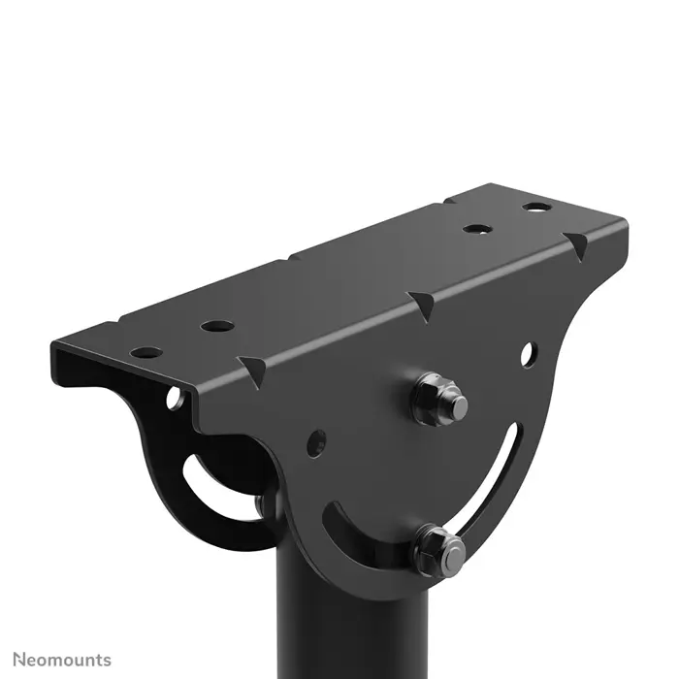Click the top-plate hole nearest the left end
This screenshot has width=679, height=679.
[x=144, y=351]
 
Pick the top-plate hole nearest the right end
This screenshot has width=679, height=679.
[x=534, y=207]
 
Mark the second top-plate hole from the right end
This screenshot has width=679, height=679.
[x=474, y=229]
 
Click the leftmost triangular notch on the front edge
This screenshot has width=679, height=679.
[x=254, y=370]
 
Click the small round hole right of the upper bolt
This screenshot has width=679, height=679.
[x=526, y=355]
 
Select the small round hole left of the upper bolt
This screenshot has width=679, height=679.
[x=316, y=442]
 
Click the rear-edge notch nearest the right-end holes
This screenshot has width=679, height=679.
[x=448, y=201]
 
